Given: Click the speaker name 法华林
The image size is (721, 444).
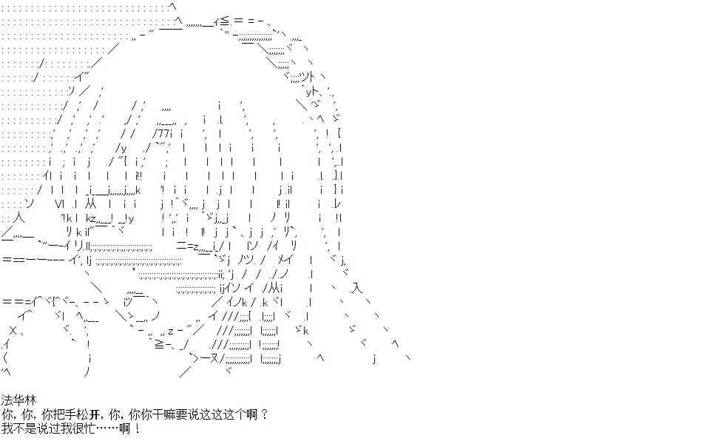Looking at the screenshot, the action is [18, 400].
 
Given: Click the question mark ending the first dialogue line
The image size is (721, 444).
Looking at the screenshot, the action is [263, 414].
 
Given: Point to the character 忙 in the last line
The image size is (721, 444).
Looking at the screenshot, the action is [90, 428].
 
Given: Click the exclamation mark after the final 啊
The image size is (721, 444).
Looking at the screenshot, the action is [137, 428].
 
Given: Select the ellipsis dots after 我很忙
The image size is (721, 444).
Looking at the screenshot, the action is [108, 428].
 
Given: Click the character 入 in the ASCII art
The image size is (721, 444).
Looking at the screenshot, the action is [356, 289].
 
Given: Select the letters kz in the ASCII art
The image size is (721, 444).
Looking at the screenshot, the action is [90, 218].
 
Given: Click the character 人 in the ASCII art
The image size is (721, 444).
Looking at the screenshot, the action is [18, 217].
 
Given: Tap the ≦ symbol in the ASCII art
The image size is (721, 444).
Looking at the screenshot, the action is [224, 21].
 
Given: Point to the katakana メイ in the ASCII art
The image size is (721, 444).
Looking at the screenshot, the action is [285, 260].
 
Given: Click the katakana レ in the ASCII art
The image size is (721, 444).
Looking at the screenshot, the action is [337, 203].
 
